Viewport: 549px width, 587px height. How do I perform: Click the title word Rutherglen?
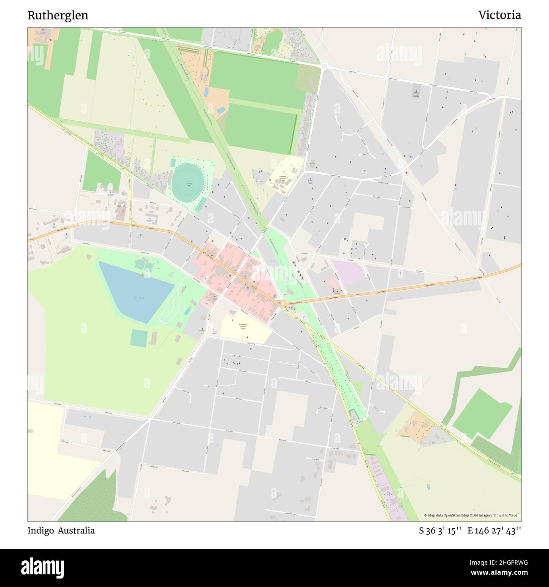click(58, 16)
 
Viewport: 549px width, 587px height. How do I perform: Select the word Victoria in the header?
click(500, 16)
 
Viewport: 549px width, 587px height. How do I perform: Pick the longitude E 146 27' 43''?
click(494, 531)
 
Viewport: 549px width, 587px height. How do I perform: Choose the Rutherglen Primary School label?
click(243, 326)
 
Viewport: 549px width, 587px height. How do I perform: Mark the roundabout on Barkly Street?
click(324, 65)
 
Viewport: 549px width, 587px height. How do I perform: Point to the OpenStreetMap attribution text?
click(472, 515)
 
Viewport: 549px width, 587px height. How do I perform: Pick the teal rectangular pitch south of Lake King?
click(139, 338)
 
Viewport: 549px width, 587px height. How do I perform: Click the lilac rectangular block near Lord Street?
click(348, 273)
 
